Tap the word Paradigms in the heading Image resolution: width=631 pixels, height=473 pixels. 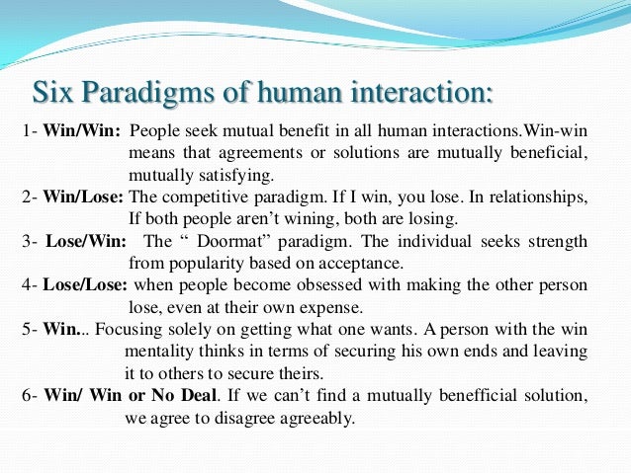tap(135, 94)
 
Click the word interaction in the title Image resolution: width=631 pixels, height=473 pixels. tap(416, 94)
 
